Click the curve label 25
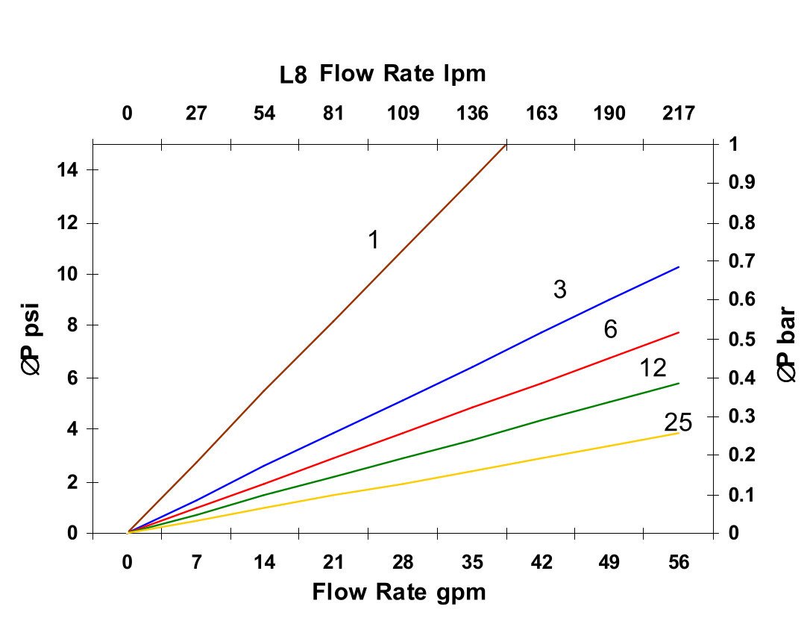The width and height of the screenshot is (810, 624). pyautogui.click(x=678, y=423)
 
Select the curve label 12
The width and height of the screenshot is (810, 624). pyautogui.click(x=653, y=368)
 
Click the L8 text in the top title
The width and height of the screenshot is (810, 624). pyautogui.click(x=295, y=75)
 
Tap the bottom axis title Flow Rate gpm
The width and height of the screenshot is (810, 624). pyautogui.click(x=399, y=593)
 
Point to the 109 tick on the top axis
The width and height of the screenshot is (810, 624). pyautogui.click(x=404, y=113)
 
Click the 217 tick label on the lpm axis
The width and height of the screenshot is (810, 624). pyautogui.click(x=678, y=113)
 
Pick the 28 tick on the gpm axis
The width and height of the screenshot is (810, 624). pyautogui.click(x=404, y=562)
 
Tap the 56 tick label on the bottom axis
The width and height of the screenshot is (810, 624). pyautogui.click(x=678, y=562)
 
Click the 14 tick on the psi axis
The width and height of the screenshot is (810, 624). pyautogui.click(x=69, y=170)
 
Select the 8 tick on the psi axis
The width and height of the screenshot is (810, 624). pyautogui.click(x=72, y=325)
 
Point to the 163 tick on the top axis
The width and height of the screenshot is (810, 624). pyautogui.click(x=541, y=113)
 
